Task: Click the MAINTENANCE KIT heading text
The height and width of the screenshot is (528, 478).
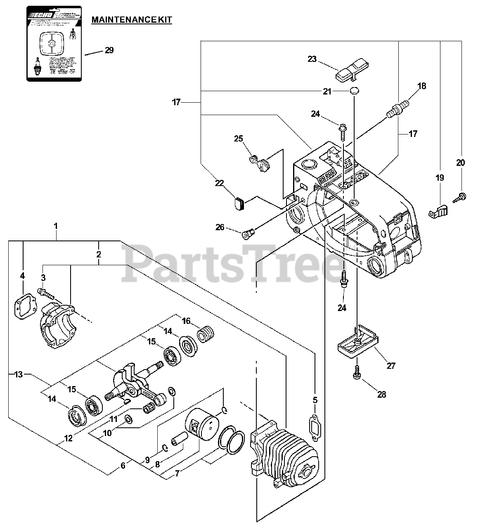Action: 131,19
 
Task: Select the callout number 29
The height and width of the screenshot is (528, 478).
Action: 109,50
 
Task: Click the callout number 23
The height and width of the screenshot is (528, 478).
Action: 312,59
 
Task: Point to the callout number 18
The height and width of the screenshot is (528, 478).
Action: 421,86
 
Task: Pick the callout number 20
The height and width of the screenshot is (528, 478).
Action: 460,163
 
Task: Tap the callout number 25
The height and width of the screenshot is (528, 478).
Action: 239,138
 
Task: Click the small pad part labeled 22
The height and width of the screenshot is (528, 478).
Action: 239,203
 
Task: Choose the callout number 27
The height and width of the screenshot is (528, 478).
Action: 390,365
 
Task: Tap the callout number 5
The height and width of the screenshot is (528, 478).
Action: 315,400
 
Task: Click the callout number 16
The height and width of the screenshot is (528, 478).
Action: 186,321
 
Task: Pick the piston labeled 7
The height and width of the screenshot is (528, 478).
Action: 201,425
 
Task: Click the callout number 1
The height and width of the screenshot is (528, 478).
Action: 56,226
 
